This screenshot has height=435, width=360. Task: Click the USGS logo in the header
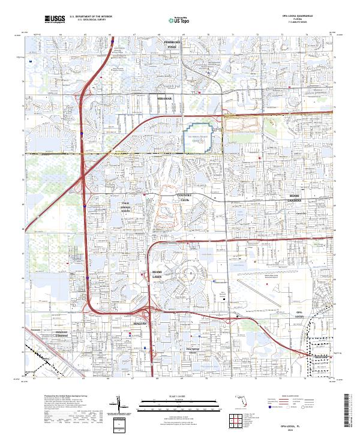point(55,19)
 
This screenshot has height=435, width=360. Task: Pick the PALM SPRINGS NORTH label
point(125,207)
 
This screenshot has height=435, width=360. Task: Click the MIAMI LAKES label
point(157,275)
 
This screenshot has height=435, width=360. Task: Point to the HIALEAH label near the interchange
point(139,323)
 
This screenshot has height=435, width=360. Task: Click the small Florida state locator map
point(239,401)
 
